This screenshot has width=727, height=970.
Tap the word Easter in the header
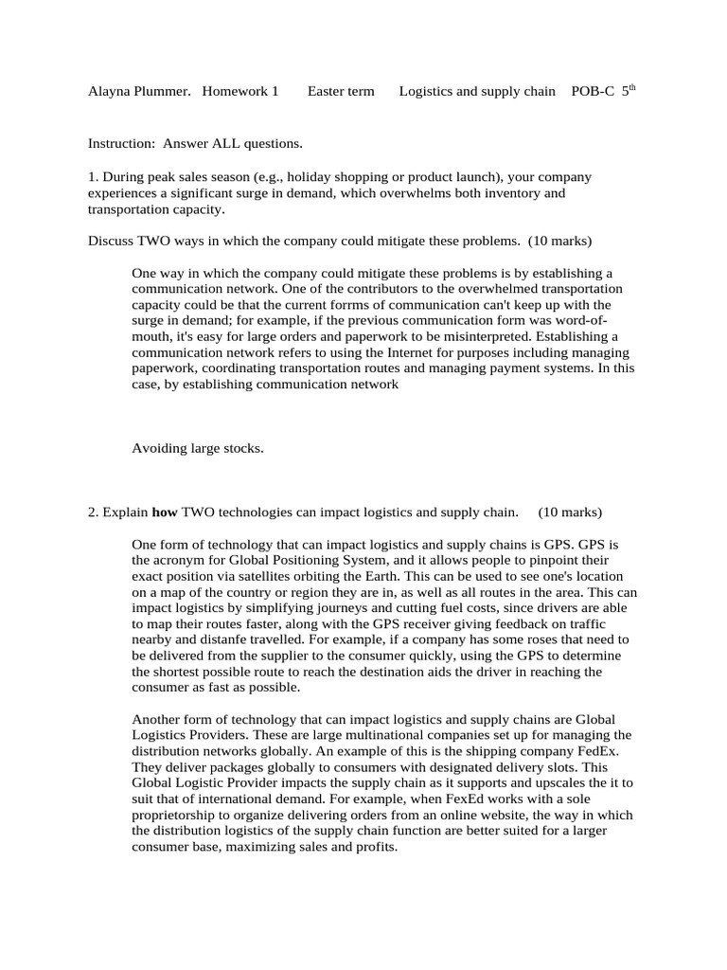pyautogui.click(x=327, y=92)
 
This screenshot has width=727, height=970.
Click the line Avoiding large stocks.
pyautogui.click(x=197, y=448)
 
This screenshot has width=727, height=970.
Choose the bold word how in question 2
pyautogui.click(x=165, y=512)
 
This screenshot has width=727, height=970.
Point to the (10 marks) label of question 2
pyautogui.click(x=570, y=512)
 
